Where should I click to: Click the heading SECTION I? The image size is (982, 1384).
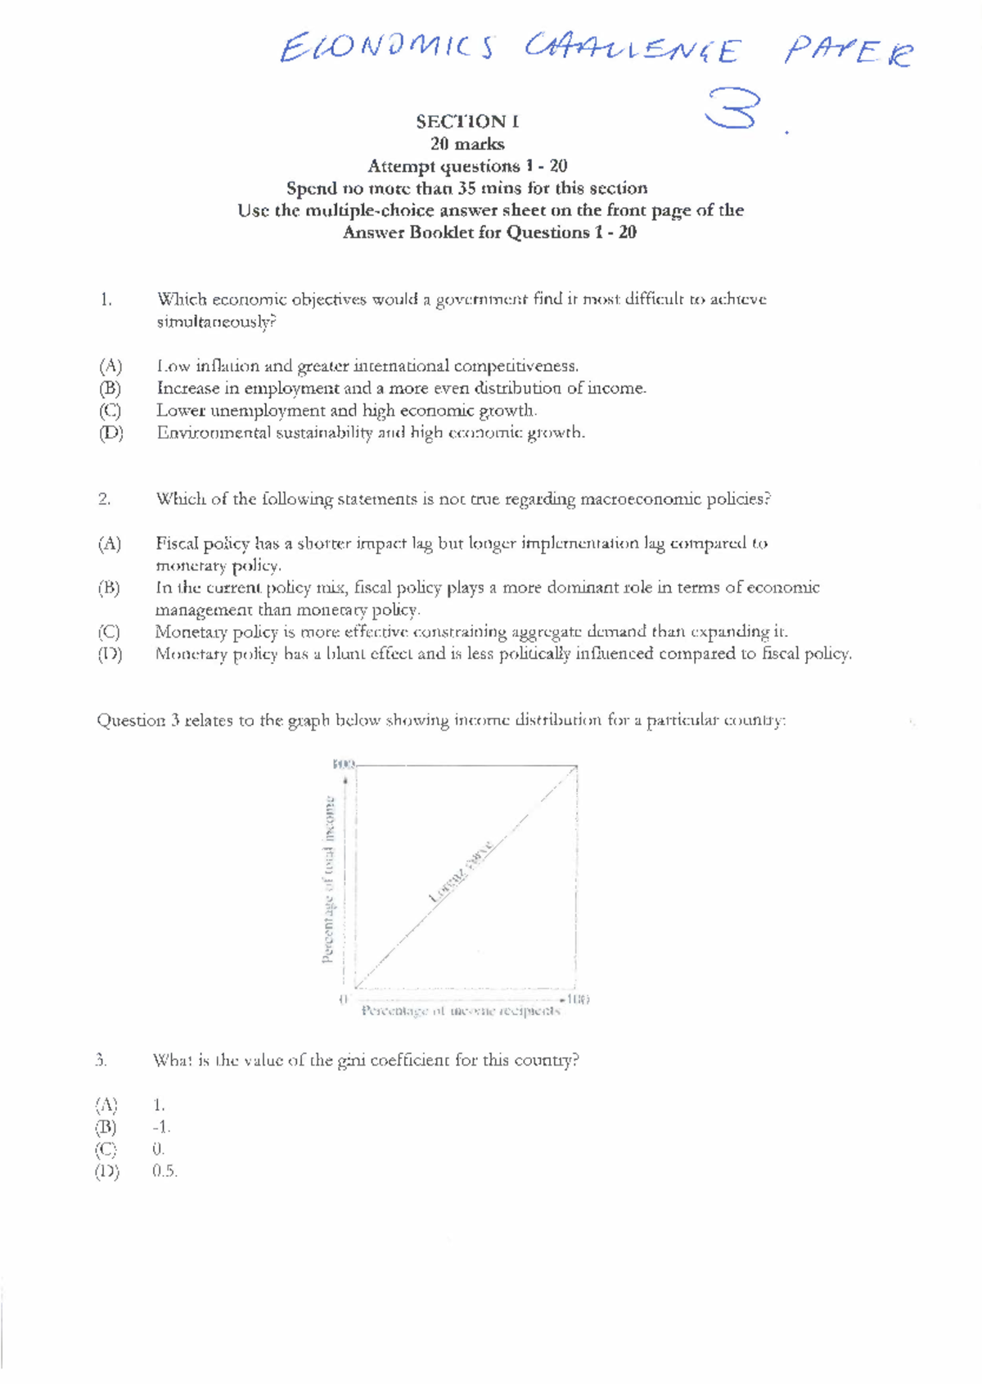click(467, 122)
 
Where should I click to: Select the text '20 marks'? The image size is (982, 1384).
click(467, 144)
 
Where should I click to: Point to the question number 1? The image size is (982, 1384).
click(106, 300)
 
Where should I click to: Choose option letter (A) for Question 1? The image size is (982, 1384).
click(110, 366)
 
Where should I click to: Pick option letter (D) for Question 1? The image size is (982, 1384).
click(110, 432)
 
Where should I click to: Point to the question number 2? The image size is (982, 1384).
click(104, 499)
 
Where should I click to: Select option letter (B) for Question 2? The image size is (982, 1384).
click(109, 588)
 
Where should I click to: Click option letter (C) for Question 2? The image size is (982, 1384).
click(109, 632)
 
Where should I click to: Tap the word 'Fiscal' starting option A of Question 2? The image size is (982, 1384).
click(177, 543)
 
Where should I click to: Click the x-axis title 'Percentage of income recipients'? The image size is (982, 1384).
click(461, 1012)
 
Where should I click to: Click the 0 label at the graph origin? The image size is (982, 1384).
click(344, 999)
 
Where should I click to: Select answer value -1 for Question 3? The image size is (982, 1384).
click(161, 1127)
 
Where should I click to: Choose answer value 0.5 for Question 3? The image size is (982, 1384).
click(164, 1171)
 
